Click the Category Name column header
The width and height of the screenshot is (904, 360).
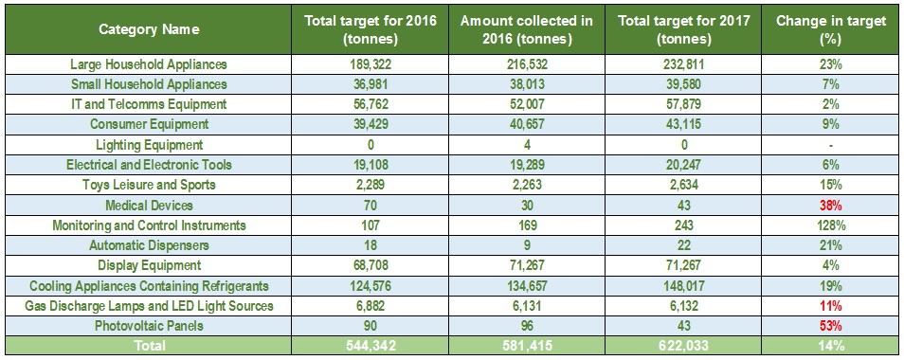tap(149, 29)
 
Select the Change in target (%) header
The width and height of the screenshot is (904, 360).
tap(831, 30)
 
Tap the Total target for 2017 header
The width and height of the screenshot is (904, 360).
tap(683, 30)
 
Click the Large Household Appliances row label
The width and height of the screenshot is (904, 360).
tap(149, 63)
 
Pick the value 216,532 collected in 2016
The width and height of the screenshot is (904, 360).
tap(526, 63)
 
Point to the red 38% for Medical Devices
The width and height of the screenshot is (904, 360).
tap(831, 205)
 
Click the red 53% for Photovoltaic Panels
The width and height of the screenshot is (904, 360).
tap(831, 326)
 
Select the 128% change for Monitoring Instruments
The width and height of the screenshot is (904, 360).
tap(831, 225)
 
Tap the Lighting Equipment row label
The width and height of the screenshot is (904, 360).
tap(149, 145)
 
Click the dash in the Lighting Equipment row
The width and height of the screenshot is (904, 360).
tap(831, 146)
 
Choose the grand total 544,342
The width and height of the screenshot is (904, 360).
tap(371, 346)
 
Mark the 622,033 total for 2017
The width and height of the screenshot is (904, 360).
tap(683, 346)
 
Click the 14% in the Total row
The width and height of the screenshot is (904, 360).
tap(831, 346)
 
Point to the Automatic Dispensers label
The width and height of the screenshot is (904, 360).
tap(149, 245)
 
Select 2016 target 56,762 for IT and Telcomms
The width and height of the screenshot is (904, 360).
tap(371, 104)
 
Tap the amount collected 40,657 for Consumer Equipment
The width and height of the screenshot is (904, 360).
tap(526, 124)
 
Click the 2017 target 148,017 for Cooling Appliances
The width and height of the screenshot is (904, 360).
tap(683, 286)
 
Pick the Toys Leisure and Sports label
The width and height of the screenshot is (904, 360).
tap(149, 185)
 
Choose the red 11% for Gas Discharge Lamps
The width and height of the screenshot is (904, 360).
tap(831, 306)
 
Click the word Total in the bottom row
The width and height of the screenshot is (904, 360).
tap(149, 346)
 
